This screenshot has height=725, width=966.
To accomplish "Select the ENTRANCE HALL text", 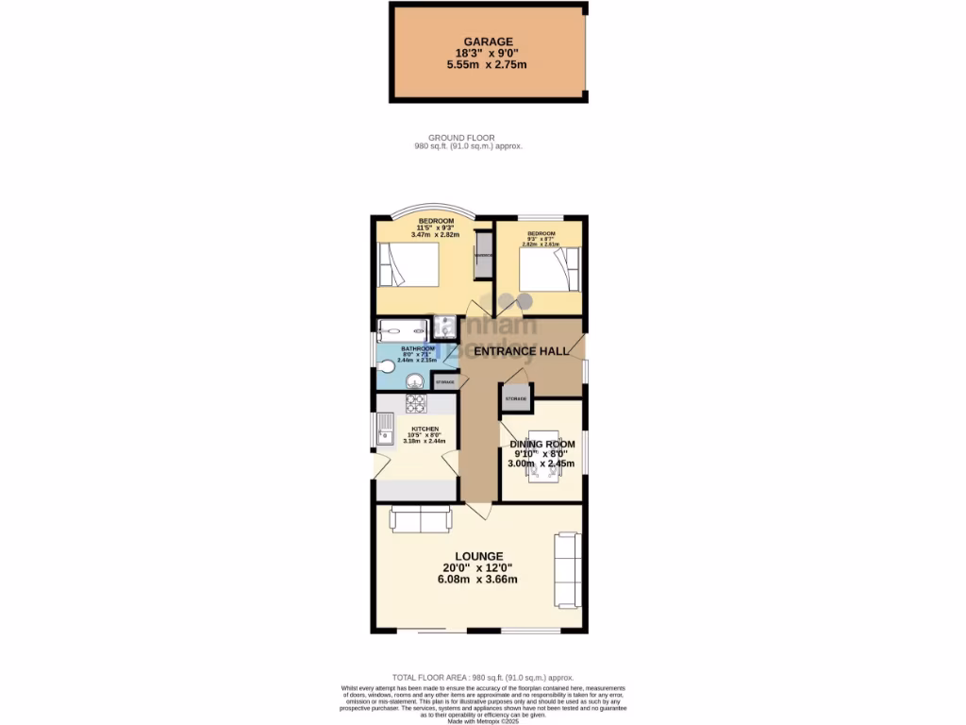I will point(521,351).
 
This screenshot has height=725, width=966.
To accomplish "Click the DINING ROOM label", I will point(541,444).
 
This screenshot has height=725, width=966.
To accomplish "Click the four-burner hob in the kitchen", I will point(416,403).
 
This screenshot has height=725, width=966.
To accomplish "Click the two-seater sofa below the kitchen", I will point(421,518).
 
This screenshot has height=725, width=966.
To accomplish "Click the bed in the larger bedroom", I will point(408,265).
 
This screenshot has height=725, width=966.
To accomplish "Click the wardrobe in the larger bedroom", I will point(483,255).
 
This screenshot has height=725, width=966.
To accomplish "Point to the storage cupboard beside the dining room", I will point(514,398).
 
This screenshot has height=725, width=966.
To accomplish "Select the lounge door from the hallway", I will point(479,510).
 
